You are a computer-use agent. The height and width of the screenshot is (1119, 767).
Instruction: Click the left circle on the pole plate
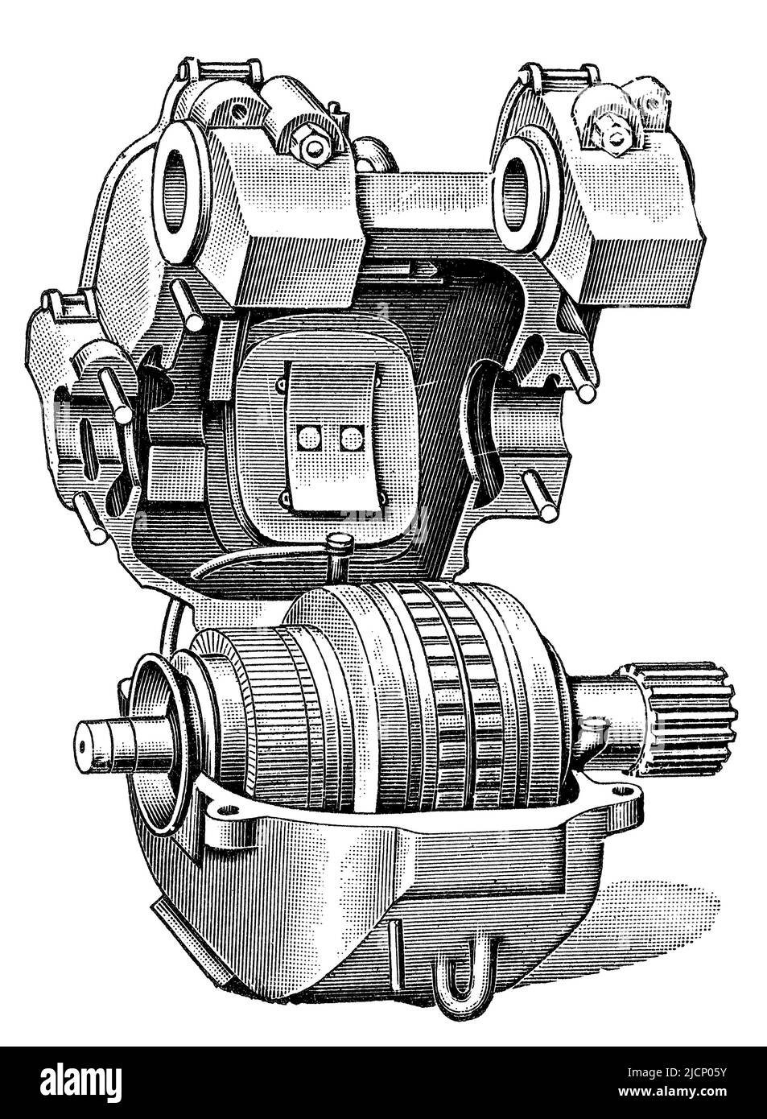click(x=310, y=439)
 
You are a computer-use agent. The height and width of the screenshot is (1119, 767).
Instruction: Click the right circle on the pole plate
click(x=353, y=439)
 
